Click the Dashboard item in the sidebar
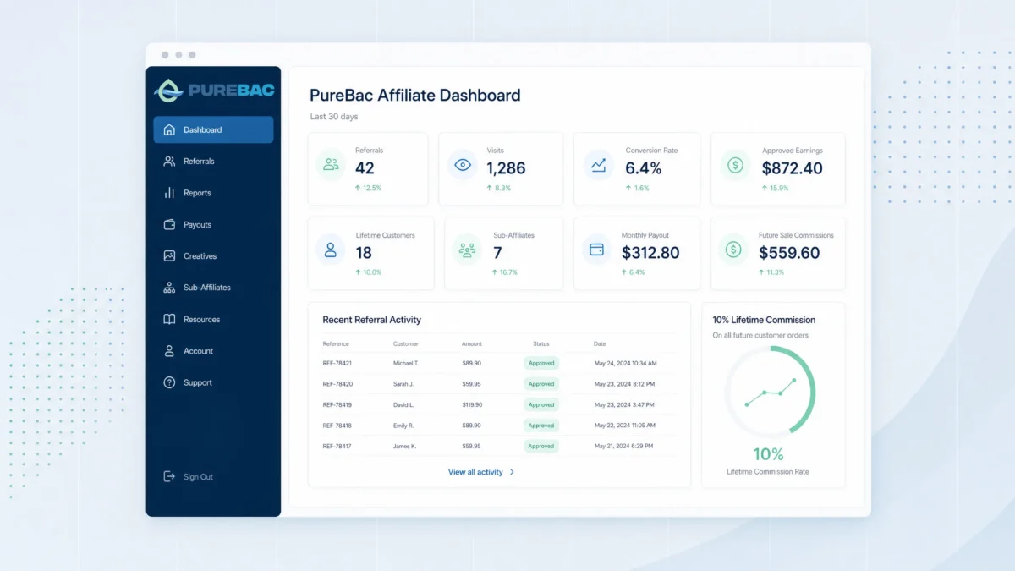(213, 129)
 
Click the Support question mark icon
(169, 382)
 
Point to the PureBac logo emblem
(168, 91)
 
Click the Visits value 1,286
(506, 168)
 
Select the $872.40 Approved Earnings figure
(792, 168)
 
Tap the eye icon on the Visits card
(463, 165)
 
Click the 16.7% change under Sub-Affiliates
(504, 272)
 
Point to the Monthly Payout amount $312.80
(650, 252)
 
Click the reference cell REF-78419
(337, 404)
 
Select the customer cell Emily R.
(403, 426)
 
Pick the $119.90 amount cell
(472, 404)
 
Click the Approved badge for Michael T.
(541, 363)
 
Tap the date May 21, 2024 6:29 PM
(623, 446)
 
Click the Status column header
(541, 344)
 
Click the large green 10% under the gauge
(768, 454)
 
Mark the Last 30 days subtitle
(334, 117)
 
